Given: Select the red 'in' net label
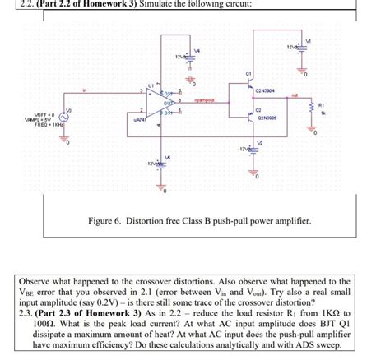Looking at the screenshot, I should click(x=85, y=90).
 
